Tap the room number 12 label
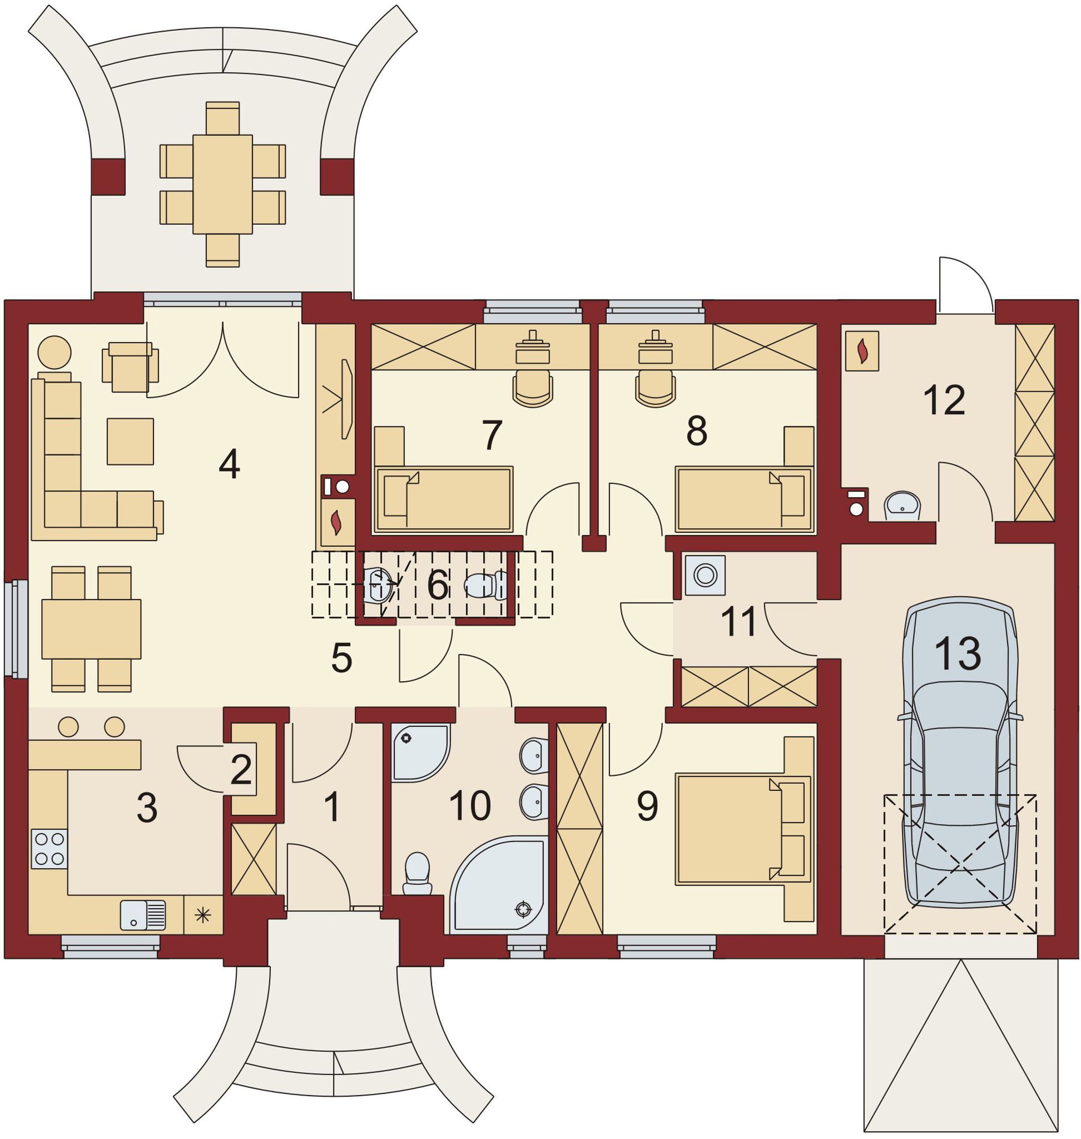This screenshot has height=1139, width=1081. point(944,400)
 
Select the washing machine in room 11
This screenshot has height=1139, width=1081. point(705,575)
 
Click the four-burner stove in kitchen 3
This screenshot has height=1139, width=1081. point(49,849)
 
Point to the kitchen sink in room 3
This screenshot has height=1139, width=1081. point(143,915)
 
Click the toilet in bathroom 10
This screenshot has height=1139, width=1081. point(417,872)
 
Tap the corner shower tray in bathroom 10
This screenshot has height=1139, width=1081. point(420,754)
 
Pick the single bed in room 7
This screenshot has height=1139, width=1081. point(443,499)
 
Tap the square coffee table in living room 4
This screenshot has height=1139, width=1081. point(130,441)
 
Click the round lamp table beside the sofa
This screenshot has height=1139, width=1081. point(54,351)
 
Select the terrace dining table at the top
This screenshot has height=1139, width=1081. point(222,184)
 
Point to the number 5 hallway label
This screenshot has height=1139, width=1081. point(341,658)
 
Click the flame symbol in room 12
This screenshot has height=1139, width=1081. point(862,350)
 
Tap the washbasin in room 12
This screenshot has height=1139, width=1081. point(903,506)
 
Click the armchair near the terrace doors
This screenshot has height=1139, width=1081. point(130,367)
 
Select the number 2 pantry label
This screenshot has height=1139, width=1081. point(241,770)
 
